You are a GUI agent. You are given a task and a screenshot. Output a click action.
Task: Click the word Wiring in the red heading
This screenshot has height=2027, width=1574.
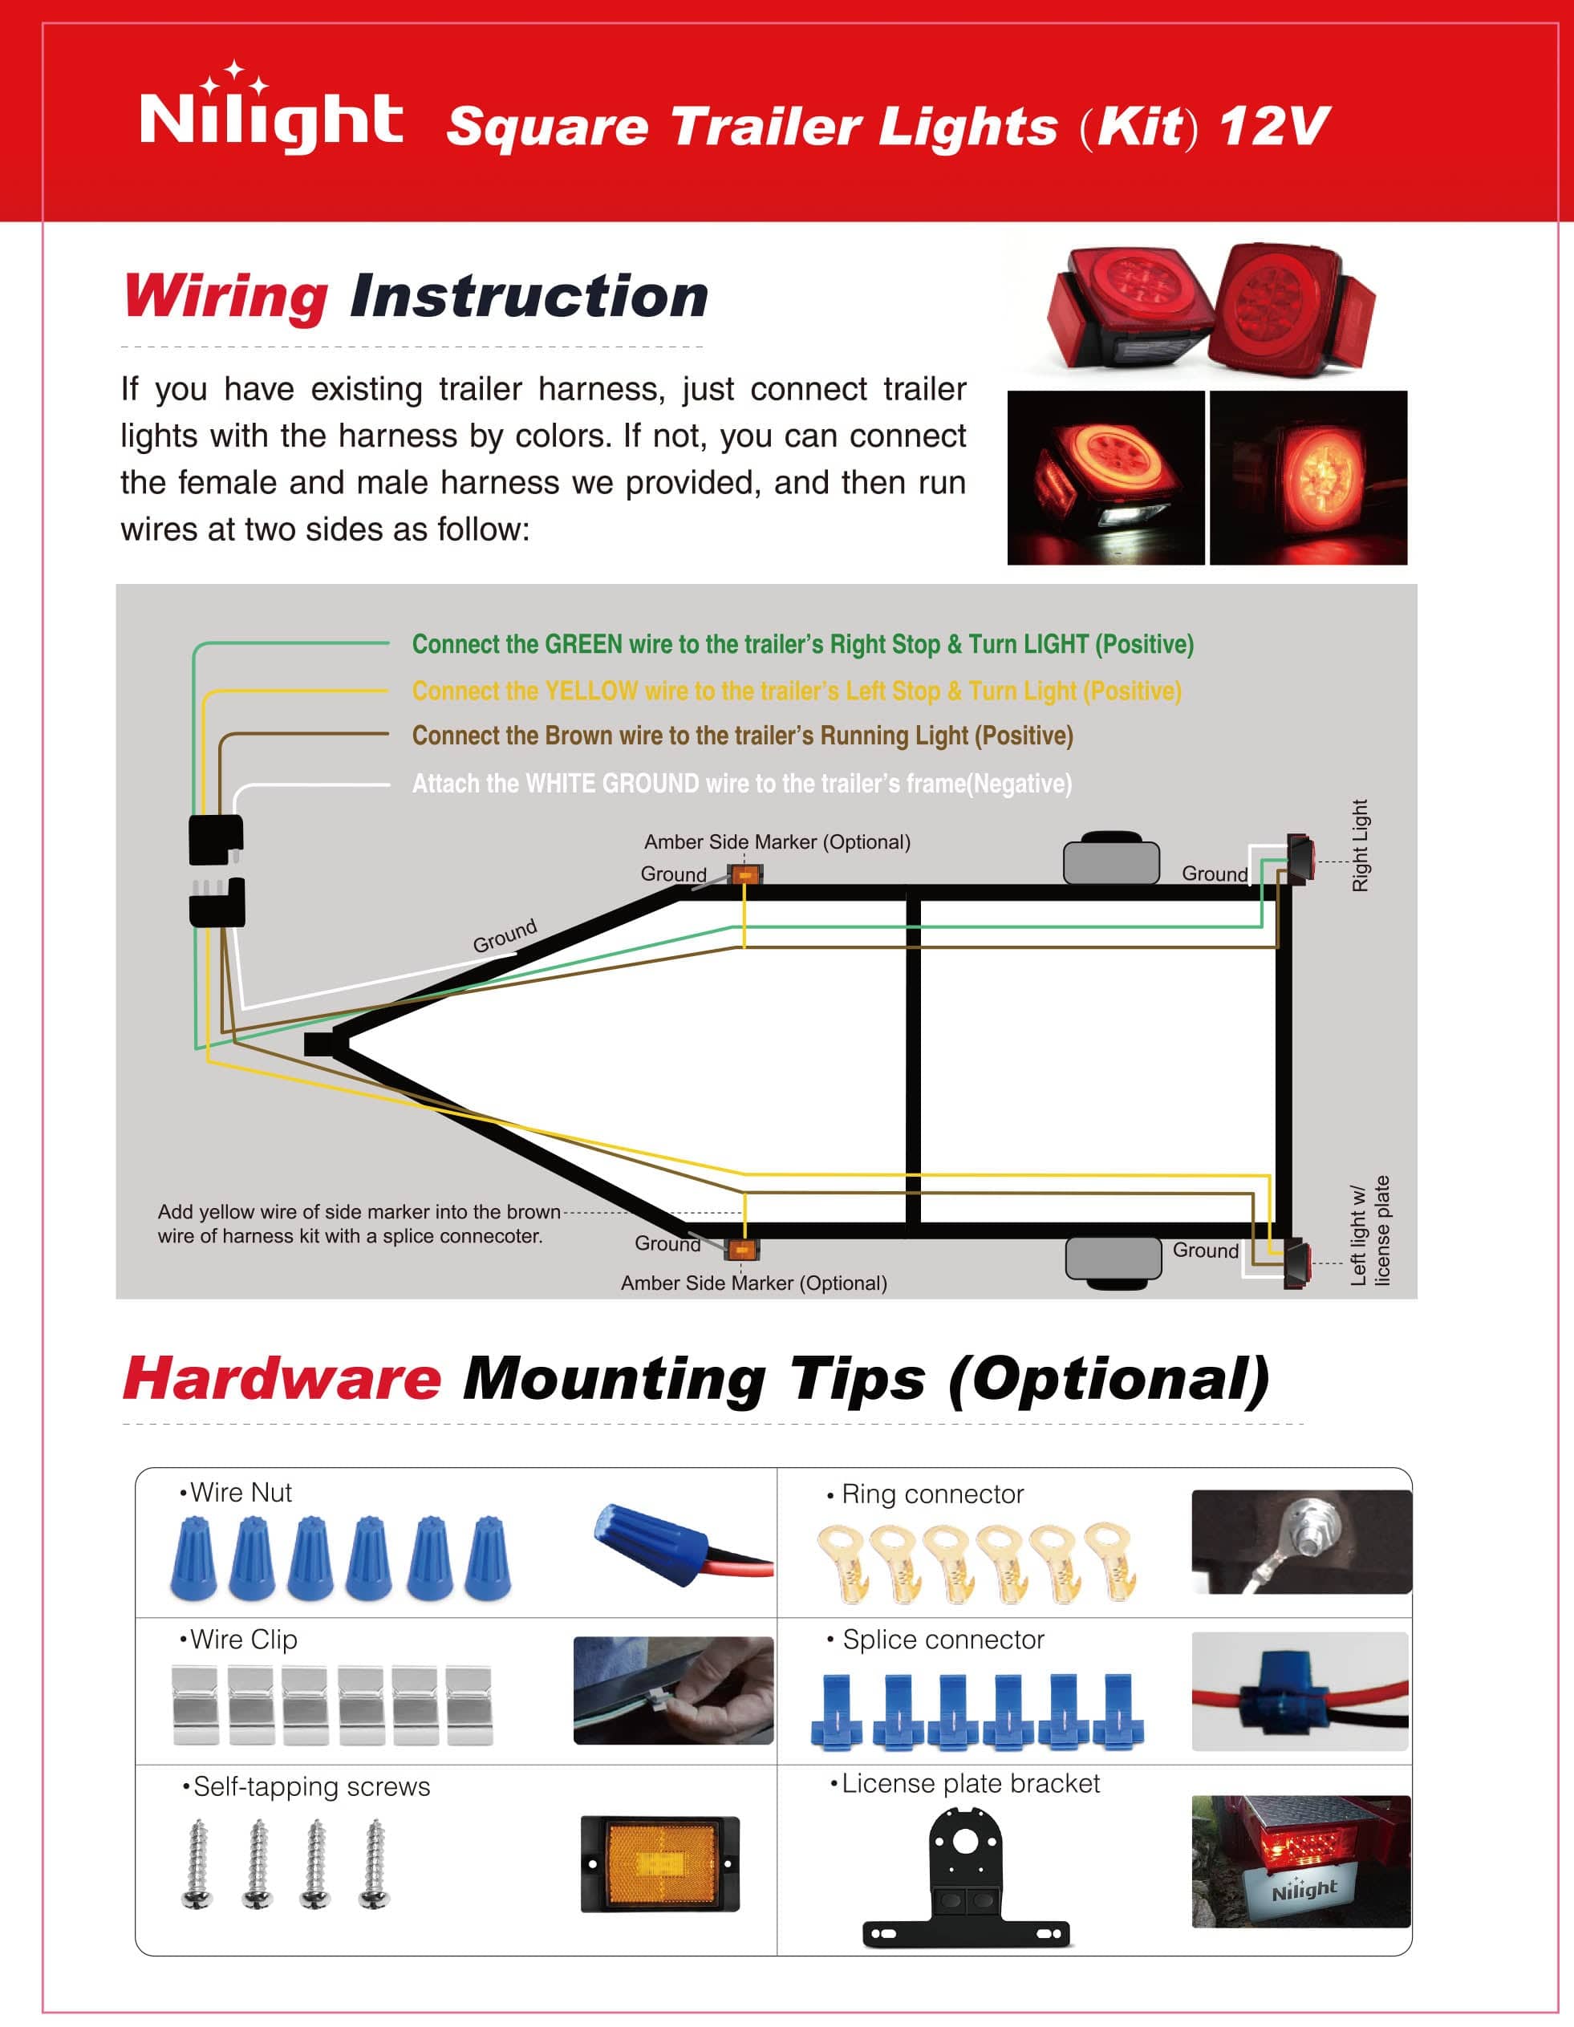tap(225, 298)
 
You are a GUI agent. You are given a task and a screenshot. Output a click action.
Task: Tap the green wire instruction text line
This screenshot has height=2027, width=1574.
tap(803, 644)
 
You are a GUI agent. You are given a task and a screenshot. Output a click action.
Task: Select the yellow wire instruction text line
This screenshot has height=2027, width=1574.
tap(797, 691)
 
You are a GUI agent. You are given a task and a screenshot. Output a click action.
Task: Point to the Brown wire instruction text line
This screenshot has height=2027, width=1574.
tap(742, 735)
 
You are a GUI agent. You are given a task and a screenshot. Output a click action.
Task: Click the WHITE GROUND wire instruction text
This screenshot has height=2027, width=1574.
tap(741, 784)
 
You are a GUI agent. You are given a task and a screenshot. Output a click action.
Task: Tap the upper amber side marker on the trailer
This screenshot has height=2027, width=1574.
tap(744, 874)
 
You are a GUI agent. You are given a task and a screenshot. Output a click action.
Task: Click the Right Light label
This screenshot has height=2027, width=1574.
tap(1360, 845)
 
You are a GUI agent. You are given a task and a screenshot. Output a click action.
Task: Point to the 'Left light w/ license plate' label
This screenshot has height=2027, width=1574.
tap(1369, 1230)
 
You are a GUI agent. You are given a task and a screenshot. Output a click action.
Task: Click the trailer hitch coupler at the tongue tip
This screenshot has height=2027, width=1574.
tap(320, 1044)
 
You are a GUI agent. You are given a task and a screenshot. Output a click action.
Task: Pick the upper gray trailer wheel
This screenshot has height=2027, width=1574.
tap(1111, 858)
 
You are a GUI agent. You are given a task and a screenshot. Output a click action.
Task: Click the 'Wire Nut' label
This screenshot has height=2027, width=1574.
tap(236, 1493)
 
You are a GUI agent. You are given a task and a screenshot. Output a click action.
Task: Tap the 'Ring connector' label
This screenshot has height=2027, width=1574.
tap(925, 1494)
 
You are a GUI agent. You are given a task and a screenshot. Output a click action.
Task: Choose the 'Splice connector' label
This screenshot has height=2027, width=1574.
tap(935, 1640)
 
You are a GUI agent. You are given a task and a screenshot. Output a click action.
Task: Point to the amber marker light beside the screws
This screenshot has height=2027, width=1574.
tap(660, 1863)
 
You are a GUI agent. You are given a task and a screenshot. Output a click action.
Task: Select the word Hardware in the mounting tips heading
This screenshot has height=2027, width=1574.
tap(282, 1378)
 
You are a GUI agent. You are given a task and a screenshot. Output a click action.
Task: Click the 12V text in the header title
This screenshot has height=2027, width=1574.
tap(1275, 126)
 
